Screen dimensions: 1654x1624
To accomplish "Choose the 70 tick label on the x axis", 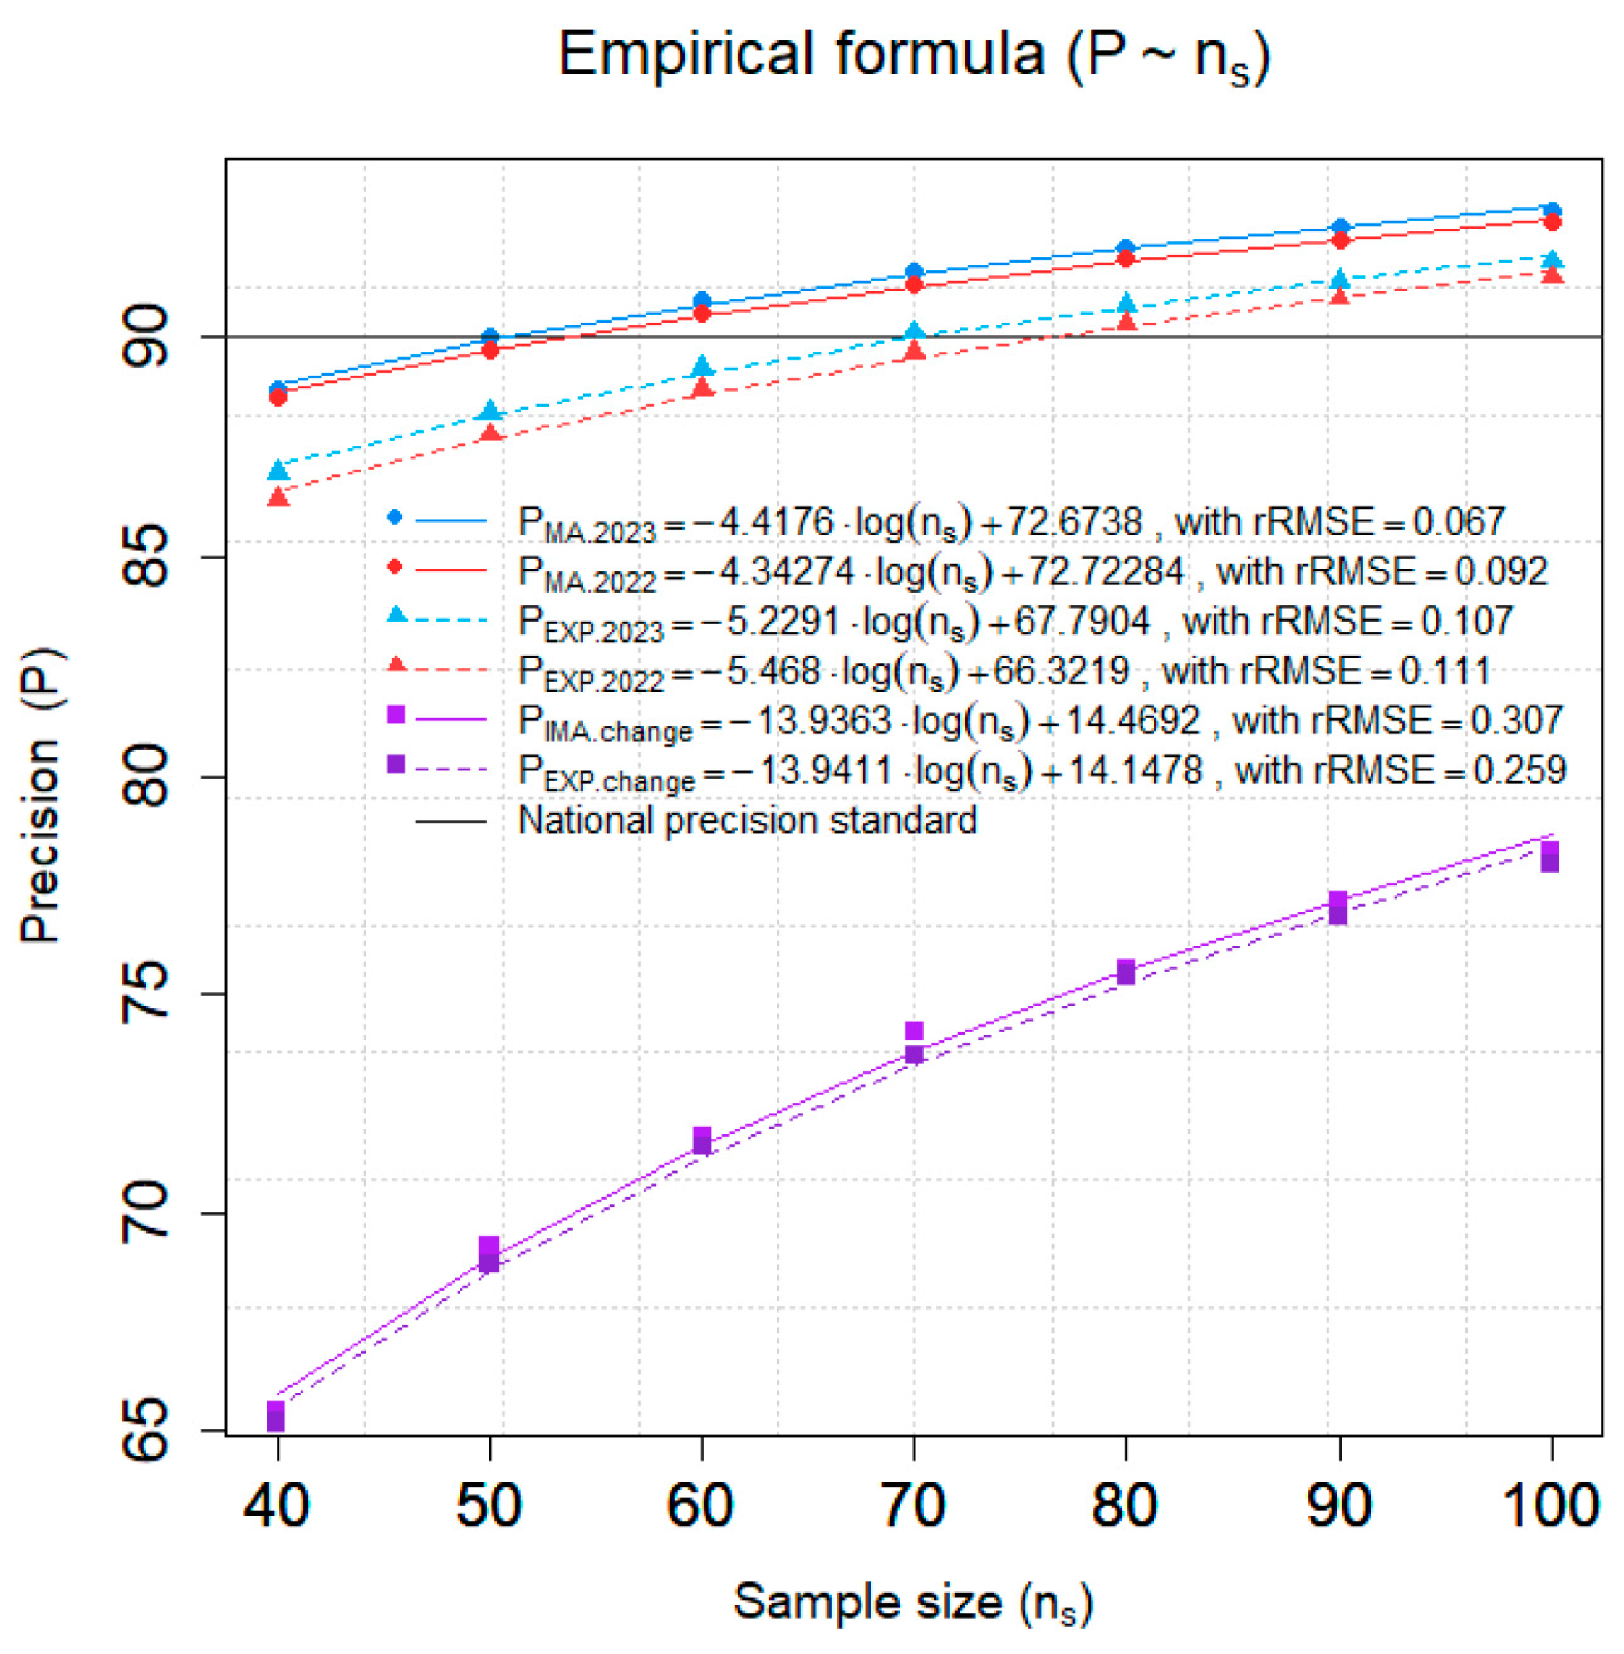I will [913, 1506].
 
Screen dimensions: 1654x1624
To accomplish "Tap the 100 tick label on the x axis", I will [1550, 1506].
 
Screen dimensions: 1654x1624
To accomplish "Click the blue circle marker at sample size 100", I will [1552, 211].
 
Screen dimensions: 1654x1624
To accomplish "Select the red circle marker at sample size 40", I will [277, 398].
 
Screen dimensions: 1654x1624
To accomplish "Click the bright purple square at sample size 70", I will [914, 1031].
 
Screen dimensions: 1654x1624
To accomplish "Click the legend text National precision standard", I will [747, 821].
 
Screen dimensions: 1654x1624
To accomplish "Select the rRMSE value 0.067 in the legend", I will [1458, 522].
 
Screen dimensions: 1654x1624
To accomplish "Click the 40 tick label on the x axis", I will [277, 1506].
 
